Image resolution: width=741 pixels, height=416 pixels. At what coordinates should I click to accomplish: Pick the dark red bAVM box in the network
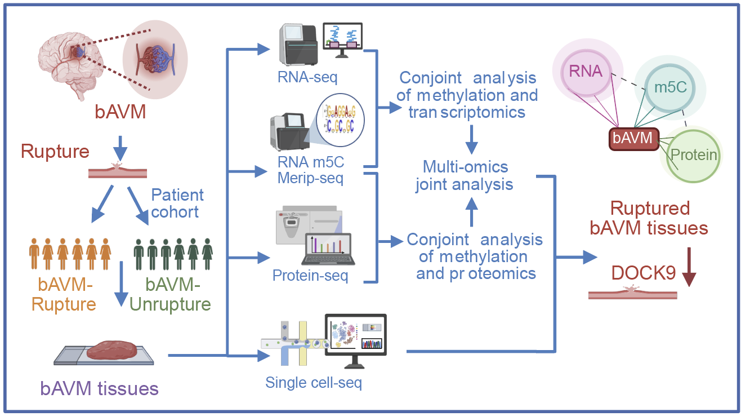tap(634, 139)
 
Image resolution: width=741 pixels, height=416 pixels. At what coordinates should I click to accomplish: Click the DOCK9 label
tap(643, 273)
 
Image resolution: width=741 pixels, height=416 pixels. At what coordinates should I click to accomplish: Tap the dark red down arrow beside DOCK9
tap(689, 267)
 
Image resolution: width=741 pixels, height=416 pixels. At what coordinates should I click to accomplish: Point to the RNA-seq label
tap(307, 77)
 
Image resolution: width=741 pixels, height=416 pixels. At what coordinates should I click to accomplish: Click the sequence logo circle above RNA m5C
tap(341, 120)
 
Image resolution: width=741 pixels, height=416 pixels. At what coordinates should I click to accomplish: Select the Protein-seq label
tap(310, 275)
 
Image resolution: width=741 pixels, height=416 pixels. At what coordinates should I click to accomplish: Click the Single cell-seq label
tap(314, 383)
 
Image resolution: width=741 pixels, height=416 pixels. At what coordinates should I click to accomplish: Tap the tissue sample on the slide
tap(111, 350)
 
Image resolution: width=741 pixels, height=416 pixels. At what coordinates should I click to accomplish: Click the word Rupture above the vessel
tap(55, 152)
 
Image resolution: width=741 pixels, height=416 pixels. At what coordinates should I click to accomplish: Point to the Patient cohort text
tap(177, 203)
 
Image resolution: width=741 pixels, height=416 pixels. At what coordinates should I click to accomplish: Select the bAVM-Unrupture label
tap(170, 294)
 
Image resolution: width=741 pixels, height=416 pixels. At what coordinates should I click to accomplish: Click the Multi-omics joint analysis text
tap(465, 176)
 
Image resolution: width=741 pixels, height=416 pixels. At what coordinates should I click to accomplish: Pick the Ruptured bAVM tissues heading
tap(649, 218)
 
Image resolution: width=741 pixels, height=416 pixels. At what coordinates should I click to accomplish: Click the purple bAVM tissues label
tap(99, 388)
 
